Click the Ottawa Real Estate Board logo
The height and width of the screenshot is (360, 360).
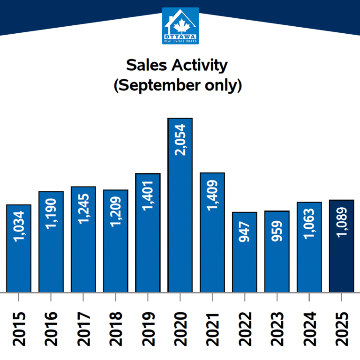click(x=180, y=26)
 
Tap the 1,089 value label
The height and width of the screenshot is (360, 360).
click(x=342, y=227)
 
